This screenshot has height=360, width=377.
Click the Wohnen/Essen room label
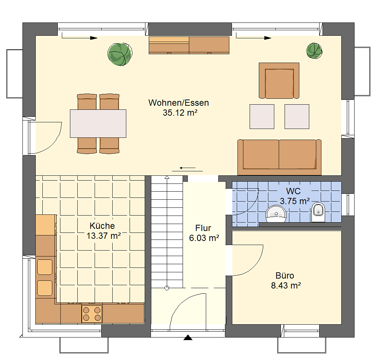pos(179,103)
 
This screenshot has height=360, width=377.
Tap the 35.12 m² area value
pos(180,113)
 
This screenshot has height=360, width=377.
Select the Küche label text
pos(102,226)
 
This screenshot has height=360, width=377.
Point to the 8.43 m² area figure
pos(286,286)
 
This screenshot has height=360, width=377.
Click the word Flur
pos(203,228)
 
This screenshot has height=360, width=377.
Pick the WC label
pos(293,191)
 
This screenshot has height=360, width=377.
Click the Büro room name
pos(285,276)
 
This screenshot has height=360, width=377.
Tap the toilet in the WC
pos(318,212)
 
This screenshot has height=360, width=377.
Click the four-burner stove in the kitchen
pos(92,314)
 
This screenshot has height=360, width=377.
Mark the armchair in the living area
pos(279,81)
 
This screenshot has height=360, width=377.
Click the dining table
pos(98,124)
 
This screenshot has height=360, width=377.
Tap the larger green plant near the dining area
pos(120,54)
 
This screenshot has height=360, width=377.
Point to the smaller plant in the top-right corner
pos(314,51)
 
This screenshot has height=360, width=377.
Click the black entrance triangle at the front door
pos(188,338)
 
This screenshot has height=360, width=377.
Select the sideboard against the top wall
pos(189,45)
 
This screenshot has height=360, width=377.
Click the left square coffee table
pos(262,116)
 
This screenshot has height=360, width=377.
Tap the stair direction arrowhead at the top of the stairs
pos(167,177)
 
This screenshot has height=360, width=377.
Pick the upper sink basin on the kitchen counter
pos(45,267)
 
